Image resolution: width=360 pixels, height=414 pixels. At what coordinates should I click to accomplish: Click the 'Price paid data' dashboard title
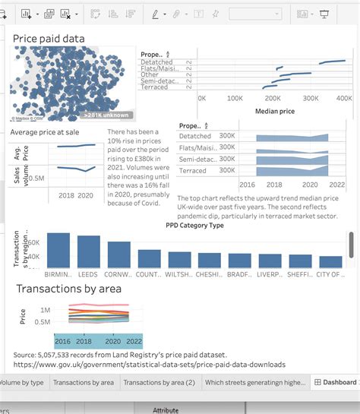point(49,39)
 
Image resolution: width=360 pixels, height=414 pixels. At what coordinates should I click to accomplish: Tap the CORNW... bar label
point(118,274)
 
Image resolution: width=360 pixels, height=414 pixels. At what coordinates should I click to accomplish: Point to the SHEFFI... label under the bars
point(300,274)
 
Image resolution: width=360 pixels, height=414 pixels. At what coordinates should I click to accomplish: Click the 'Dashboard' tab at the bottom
point(335,383)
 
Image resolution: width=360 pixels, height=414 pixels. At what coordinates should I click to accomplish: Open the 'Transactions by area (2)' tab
point(158,383)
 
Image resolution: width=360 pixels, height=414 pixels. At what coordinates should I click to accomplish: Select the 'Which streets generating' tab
point(254,383)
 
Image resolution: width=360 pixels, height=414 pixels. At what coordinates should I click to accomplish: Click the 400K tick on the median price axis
point(344,98)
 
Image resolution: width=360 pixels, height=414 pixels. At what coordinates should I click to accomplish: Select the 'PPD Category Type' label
point(194,225)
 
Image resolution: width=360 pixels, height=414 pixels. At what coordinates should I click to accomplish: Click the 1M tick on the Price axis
point(45,310)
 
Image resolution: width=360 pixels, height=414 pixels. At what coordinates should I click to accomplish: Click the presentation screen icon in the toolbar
point(324,14)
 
